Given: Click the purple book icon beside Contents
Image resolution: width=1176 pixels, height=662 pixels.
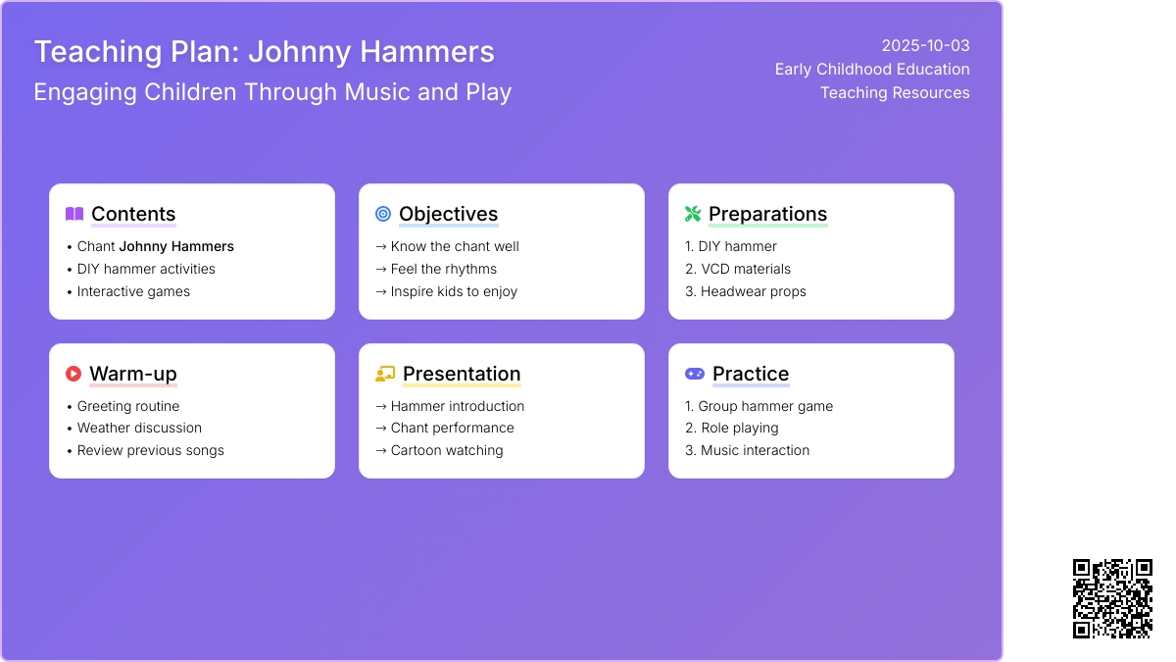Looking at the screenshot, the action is pyautogui.click(x=74, y=214).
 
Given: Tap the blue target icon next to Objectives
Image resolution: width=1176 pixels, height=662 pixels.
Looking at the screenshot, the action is pyautogui.click(x=383, y=214).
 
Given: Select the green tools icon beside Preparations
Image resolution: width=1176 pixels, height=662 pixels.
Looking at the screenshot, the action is pyautogui.click(x=693, y=214).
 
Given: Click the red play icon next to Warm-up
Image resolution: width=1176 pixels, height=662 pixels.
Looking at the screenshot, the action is pyautogui.click(x=73, y=374).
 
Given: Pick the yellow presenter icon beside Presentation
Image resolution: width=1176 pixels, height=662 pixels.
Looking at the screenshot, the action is pyautogui.click(x=385, y=374).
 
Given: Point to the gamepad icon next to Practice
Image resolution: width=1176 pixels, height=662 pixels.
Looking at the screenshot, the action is pyautogui.click(x=695, y=374).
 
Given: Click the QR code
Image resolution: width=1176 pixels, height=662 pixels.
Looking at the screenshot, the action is pyautogui.click(x=1112, y=599).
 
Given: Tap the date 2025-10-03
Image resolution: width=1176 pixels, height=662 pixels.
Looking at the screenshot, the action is pyautogui.click(x=925, y=46).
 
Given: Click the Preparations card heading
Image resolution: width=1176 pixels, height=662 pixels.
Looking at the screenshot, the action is pyautogui.click(x=767, y=214).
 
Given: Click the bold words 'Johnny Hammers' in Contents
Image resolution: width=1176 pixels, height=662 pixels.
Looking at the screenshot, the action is pyautogui.click(x=176, y=246).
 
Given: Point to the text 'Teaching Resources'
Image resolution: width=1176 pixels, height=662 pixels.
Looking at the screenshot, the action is pyautogui.click(x=895, y=92).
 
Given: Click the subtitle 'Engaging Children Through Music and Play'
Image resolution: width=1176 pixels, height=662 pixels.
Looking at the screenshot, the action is pyautogui.click(x=272, y=92).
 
